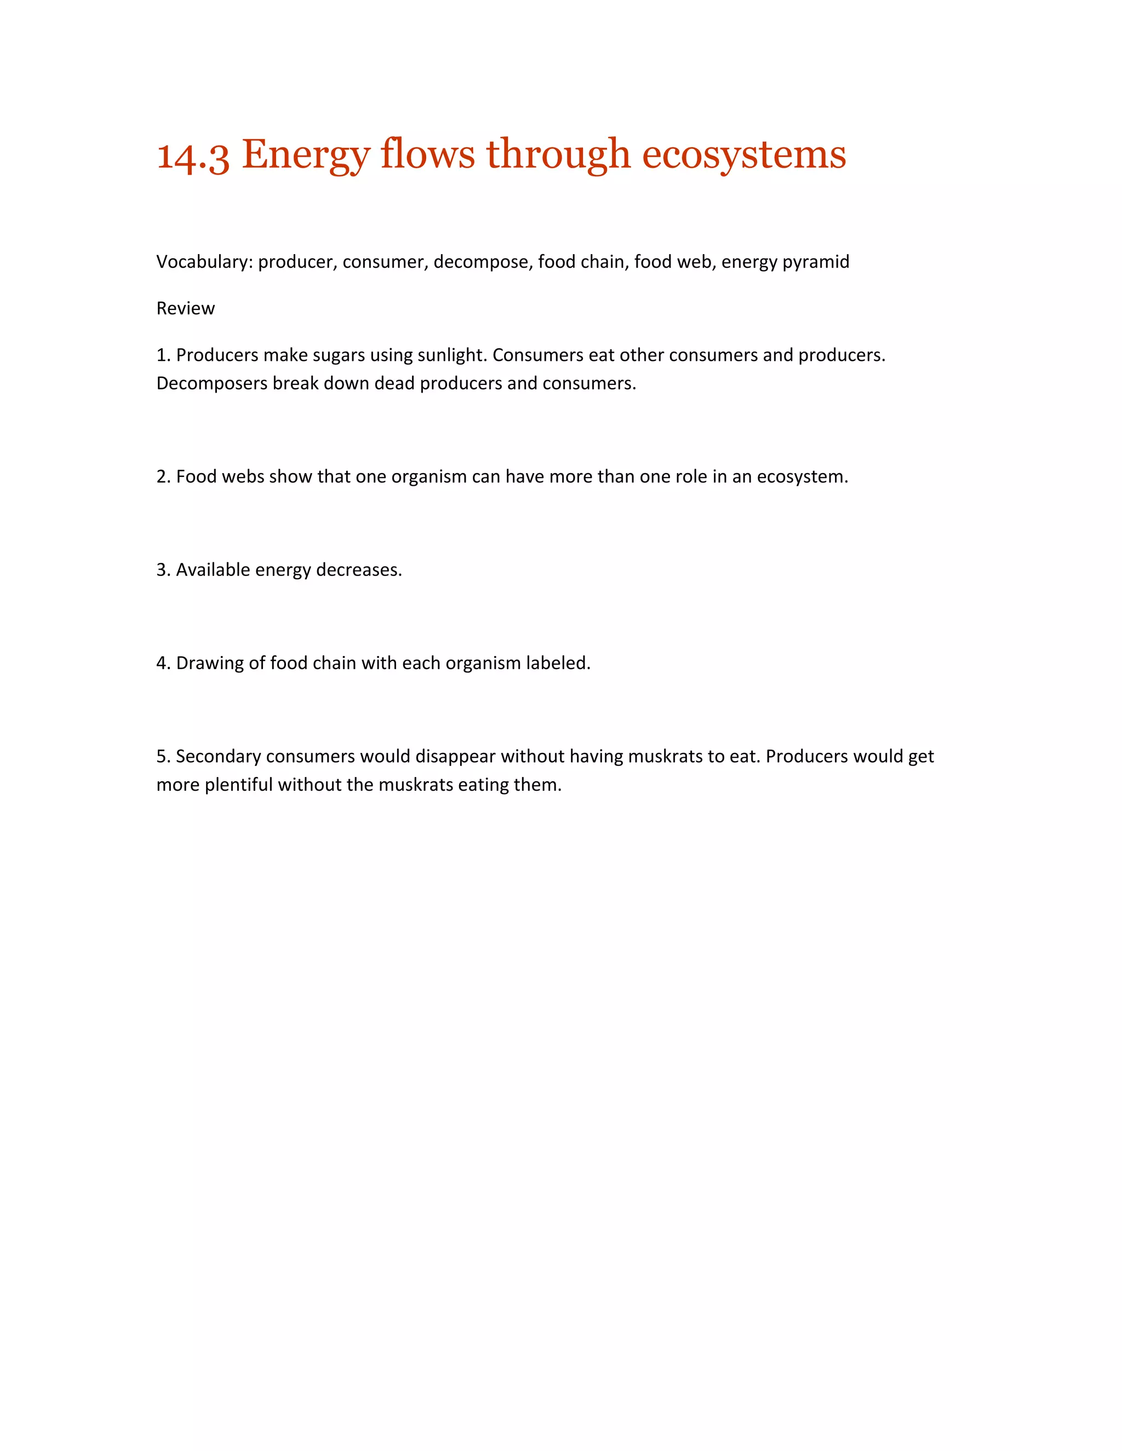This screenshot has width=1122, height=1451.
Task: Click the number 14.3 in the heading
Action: click(193, 156)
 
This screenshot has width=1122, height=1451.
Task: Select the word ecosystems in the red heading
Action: click(744, 156)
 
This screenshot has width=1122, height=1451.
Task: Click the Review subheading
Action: click(186, 308)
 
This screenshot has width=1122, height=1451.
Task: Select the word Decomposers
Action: click(212, 384)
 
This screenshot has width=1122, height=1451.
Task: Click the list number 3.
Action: click(163, 570)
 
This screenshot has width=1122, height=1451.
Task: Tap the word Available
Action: click(213, 570)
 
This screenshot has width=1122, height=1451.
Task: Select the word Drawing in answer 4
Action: click(209, 664)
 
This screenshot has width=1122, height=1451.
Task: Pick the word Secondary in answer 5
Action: click(218, 757)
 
